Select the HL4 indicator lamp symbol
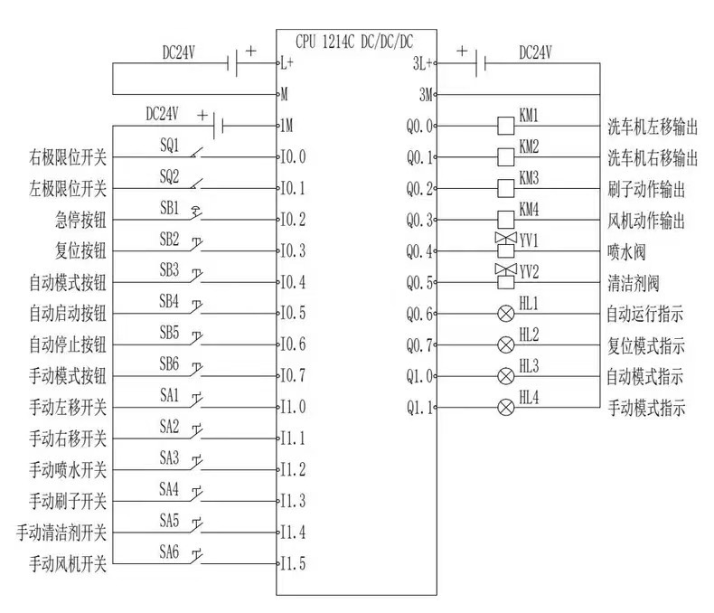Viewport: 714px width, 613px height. pos(506,408)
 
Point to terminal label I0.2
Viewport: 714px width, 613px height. pos(294,219)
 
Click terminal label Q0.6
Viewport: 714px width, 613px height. pos(420,314)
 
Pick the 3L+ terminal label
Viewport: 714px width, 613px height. pos(422,63)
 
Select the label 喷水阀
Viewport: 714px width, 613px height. pos(627,251)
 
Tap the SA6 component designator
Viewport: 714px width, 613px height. pos(170,551)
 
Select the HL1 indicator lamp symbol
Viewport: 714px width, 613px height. pos(506,314)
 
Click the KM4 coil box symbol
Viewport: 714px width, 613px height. pos(506,220)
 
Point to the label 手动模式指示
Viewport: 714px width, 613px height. pos(645,408)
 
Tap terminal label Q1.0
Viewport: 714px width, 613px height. pos(420,376)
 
